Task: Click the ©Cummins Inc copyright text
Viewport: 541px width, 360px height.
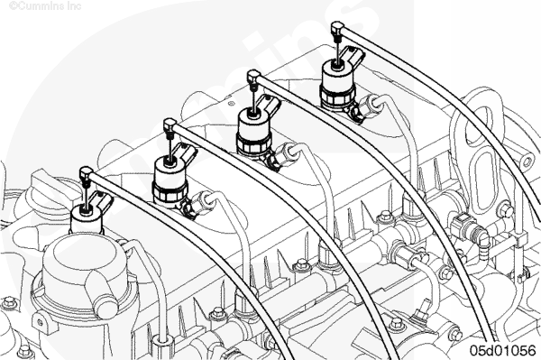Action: tap(45, 6)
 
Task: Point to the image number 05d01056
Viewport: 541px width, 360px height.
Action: tap(503, 350)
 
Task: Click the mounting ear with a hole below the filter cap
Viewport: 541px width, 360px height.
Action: tap(41, 322)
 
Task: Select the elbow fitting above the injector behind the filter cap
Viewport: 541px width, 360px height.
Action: tap(87, 172)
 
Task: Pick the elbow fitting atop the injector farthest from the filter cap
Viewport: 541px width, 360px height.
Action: tap(337, 28)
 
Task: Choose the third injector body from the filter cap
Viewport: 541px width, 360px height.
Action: tap(253, 132)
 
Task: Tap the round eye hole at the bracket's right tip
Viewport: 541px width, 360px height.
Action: tap(527, 161)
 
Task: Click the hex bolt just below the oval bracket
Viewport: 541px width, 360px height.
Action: tap(505, 209)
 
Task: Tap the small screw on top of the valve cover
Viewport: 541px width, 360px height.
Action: tap(231, 104)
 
